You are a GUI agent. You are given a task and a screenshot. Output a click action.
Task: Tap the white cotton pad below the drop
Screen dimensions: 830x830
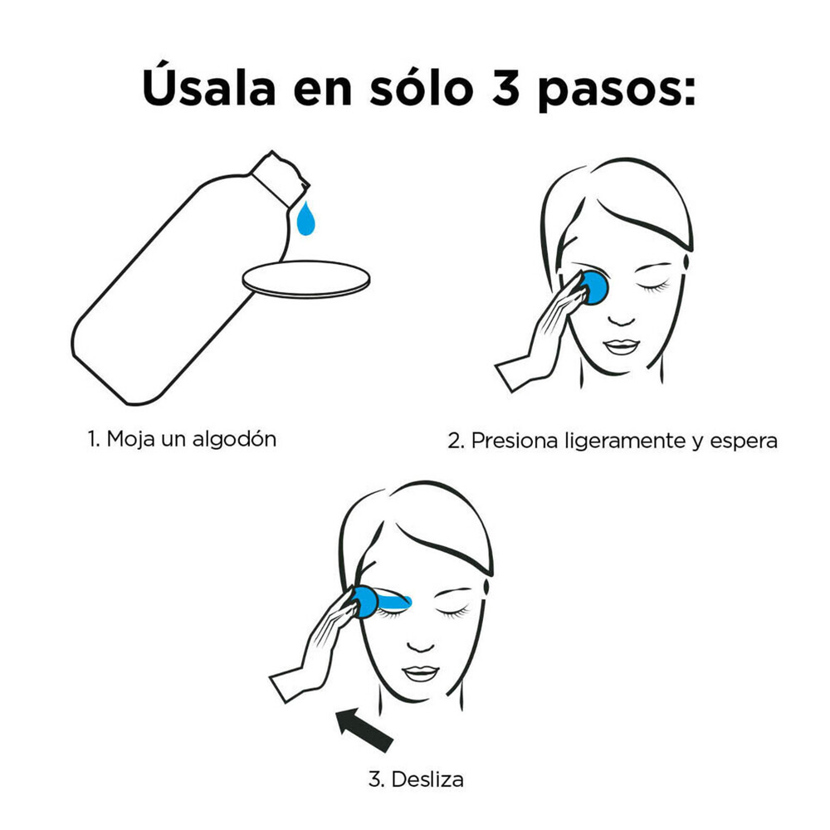[x=306, y=279]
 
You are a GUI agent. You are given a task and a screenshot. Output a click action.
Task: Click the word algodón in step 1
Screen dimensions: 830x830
[x=234, y=440]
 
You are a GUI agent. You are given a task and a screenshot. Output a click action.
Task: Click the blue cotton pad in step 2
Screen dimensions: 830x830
[x=594, y=287]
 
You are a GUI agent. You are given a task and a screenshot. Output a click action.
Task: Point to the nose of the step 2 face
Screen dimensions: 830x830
[x=621, y=320]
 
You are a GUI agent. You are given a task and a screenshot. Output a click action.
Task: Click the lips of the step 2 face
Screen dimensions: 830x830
[x=622, y=347]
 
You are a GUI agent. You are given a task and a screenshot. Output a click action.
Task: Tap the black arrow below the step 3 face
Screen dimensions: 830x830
[x=364, y=730]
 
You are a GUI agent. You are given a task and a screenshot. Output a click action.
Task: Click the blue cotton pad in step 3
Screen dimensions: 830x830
[x=365, y=603]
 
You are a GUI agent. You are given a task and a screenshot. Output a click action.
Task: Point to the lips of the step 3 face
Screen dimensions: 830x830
[x=420, y=673]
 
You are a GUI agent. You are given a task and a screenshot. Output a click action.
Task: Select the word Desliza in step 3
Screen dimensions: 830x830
[x=427, y=779]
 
